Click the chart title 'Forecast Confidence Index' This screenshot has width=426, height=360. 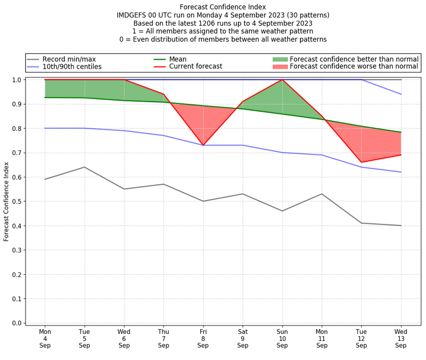click(223, 7)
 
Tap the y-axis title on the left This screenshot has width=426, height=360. click(6, 201)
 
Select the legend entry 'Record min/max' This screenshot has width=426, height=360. click(69, 59)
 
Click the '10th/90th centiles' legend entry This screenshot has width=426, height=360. click(72, 67)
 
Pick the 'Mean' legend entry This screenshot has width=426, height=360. click(178, 59)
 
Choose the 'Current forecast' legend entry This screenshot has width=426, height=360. click(195, 67)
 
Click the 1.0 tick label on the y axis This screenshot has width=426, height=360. click(18, 80)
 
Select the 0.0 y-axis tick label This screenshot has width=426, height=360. click(18, 323)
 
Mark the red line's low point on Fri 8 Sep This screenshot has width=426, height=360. click(203, 145)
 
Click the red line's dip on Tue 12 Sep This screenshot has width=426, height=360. click(362, 162)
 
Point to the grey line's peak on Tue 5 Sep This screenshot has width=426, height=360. click(84, 167)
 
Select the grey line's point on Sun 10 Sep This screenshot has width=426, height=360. click(282, 211)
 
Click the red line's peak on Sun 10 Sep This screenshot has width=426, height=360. click(282, 80)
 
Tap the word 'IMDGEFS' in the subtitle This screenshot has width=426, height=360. click(135, 15)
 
